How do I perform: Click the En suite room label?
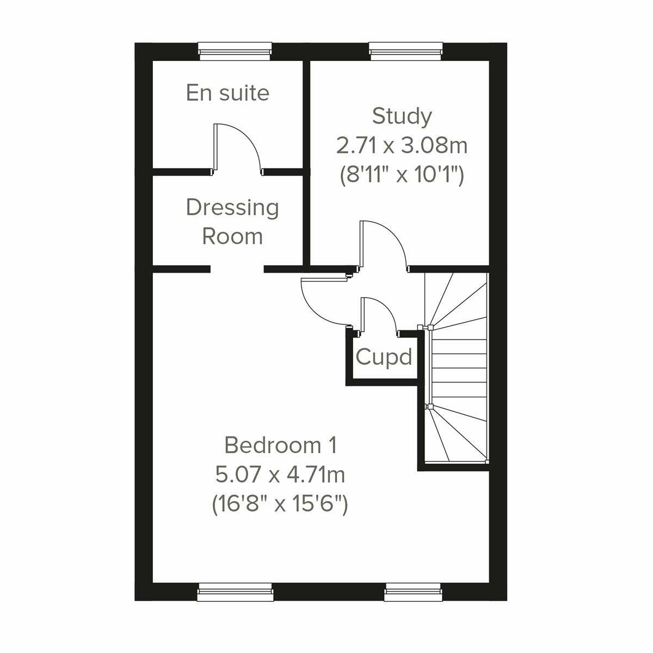click(227, 93)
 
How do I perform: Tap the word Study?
click(402, 116)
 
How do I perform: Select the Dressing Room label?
click(232, 221)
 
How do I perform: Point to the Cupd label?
click(384, 358)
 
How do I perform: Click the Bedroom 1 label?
click(281, 445)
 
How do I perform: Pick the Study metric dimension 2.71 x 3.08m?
click(402, 145)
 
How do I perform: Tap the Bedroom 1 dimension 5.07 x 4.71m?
click(281, 475)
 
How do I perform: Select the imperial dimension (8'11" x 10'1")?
click(402, 175)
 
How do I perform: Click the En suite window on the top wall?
click(235, 52)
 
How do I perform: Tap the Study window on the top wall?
click(405, 52)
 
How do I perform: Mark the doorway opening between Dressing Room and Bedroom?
click(237, 269)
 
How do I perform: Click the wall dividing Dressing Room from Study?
click(306, 218)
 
